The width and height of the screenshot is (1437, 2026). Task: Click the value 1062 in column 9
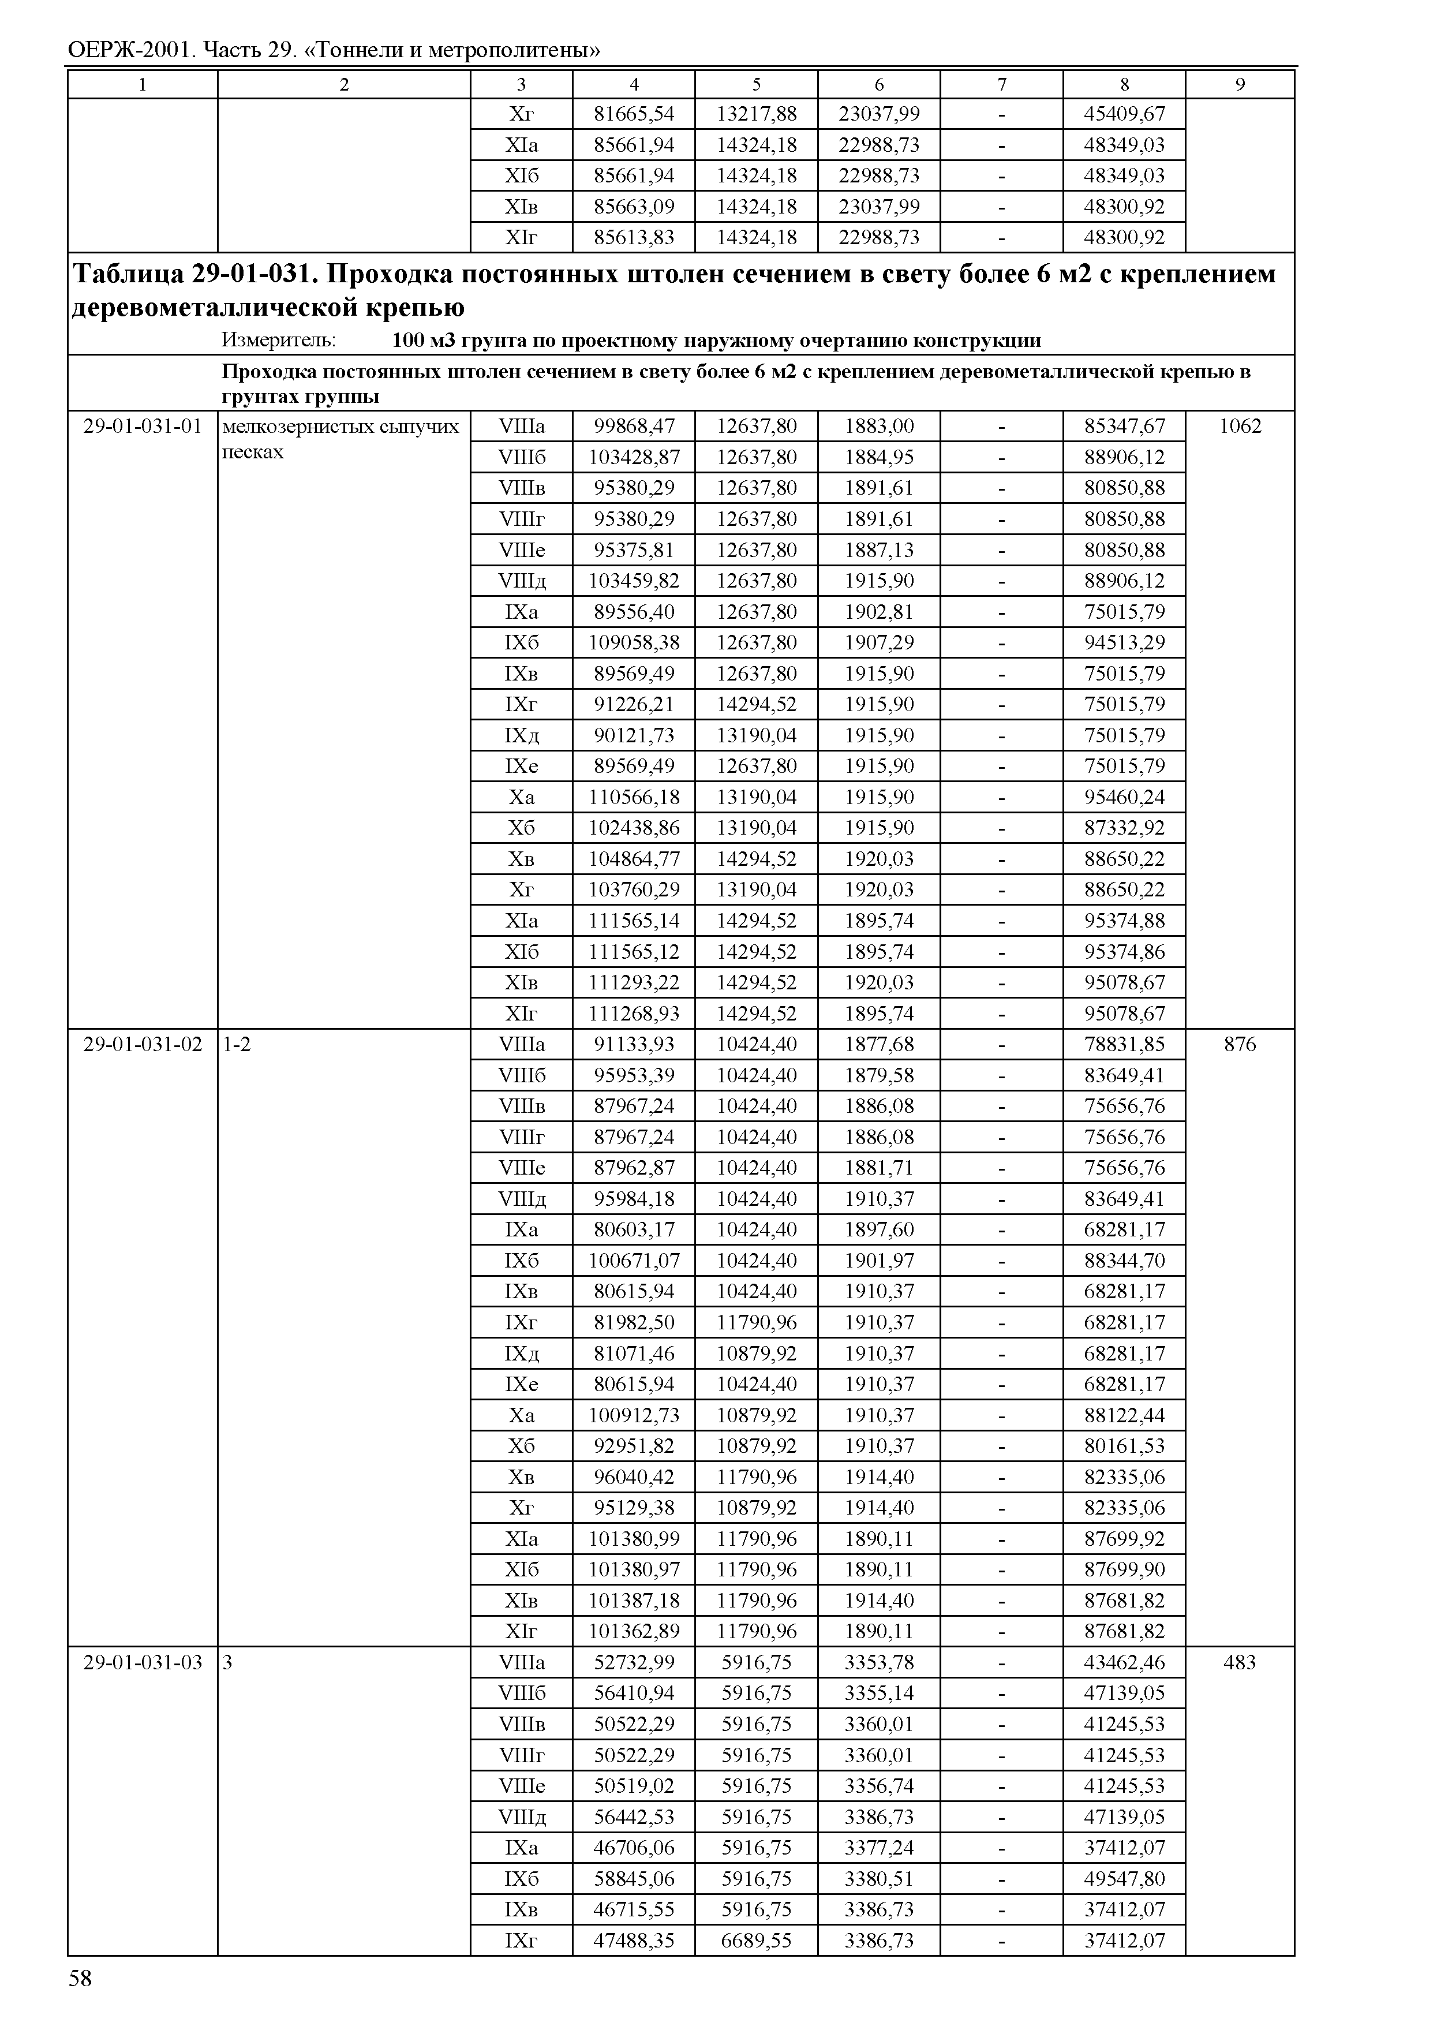[x=1240, y=427]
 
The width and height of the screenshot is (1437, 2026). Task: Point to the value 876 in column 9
[x=1240, y=1044]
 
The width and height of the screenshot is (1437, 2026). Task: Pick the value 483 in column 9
[x=1240, y=1662]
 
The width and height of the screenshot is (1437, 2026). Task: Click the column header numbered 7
[x=1002, y=84]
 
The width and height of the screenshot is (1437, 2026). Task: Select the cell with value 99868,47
[x=634, y=427]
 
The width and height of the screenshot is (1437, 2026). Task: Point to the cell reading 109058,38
[x=634, y=642]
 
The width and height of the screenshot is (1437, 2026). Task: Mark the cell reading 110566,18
[x=634, y=798]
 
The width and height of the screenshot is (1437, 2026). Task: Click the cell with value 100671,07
[x=634, y=1261]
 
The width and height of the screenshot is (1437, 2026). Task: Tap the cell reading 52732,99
[x=634, y=1662]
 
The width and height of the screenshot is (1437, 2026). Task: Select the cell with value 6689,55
[x=757, y=1940]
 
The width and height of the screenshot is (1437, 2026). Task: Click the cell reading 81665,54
[x=634, y=114]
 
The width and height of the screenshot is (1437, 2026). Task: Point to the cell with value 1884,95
[x=879, y=458]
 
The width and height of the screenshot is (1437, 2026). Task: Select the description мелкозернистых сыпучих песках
[x=340, y=439]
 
